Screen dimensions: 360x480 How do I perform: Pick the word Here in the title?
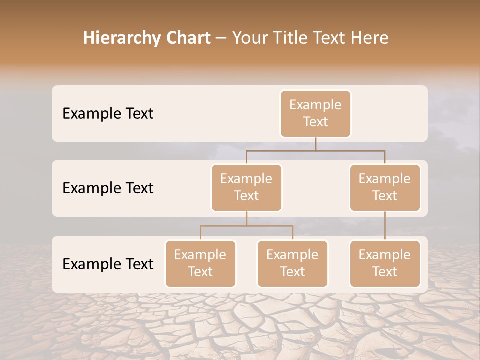[370, 38]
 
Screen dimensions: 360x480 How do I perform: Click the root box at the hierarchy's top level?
[315, 114]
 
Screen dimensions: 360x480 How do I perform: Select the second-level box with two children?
[246, 188]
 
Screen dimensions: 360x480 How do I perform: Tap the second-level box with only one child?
[385, 188]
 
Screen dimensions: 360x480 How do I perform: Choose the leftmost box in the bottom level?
[200, 264]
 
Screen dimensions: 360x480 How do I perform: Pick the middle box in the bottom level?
[292, 264]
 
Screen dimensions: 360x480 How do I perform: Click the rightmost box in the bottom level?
[385, 264]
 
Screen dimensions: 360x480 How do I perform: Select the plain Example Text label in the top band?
[108, 114]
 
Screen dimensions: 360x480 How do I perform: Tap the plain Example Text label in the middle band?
[108, 188]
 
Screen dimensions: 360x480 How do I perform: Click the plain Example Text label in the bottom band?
[108, 264]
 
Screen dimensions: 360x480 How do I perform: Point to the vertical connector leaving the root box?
[315, 144]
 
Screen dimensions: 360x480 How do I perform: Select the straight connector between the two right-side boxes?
[385, 226]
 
